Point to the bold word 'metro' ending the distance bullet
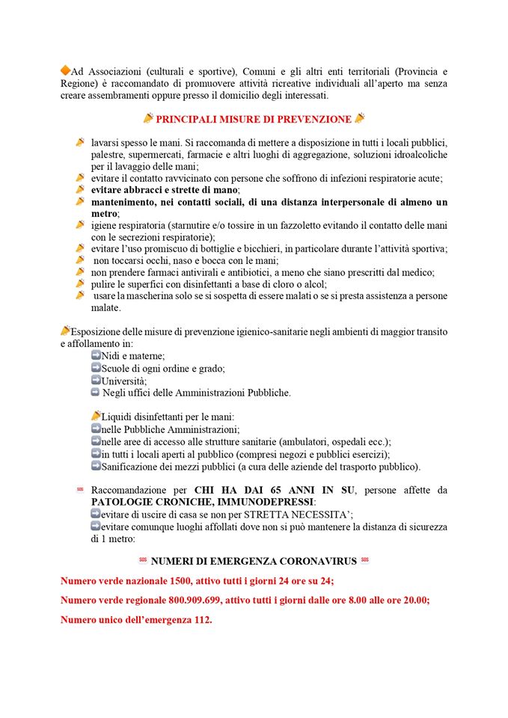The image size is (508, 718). (x=105, y=213)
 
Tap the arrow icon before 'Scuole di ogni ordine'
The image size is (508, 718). (x=96, y=368)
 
